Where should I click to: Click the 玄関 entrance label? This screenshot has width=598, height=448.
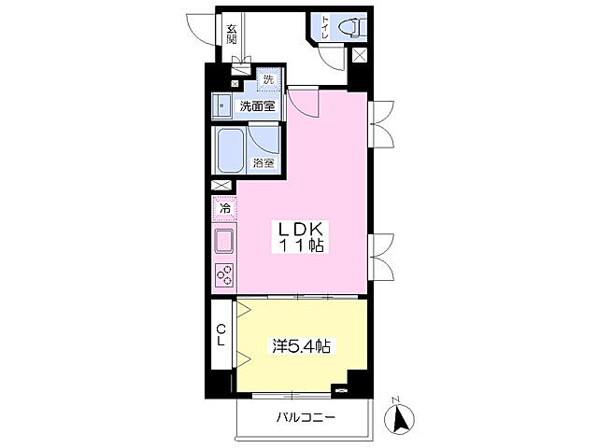click(232, 34)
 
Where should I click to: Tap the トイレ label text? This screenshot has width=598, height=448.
click(325, 27)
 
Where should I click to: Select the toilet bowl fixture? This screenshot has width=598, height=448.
click(352, 28)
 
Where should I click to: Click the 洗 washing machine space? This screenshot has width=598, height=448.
click(269, 79)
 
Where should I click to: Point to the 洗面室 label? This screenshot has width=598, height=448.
click(258, 105)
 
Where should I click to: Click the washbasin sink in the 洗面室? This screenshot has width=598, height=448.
click(221, 105)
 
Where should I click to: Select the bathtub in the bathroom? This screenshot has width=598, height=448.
click(231, 150)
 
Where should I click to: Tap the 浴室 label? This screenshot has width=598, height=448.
click(263, 163)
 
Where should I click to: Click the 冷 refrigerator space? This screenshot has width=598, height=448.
click(225, 208)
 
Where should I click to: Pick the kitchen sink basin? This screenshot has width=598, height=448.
click(224, 242)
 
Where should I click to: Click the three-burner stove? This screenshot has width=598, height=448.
click(224, 275)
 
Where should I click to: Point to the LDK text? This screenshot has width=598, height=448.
click(300, 230)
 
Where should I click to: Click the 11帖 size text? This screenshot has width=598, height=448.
click(302, 245)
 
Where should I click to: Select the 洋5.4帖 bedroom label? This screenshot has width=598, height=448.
click(301, 346)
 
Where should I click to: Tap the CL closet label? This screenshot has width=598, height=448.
click(221, 335)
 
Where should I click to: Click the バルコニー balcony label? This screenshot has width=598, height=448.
click(306, 417)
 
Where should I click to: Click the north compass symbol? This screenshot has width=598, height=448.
click(399, 418)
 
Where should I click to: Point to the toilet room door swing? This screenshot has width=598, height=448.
click(331, 57)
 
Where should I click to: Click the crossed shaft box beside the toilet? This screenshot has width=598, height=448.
click(359, 56)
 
